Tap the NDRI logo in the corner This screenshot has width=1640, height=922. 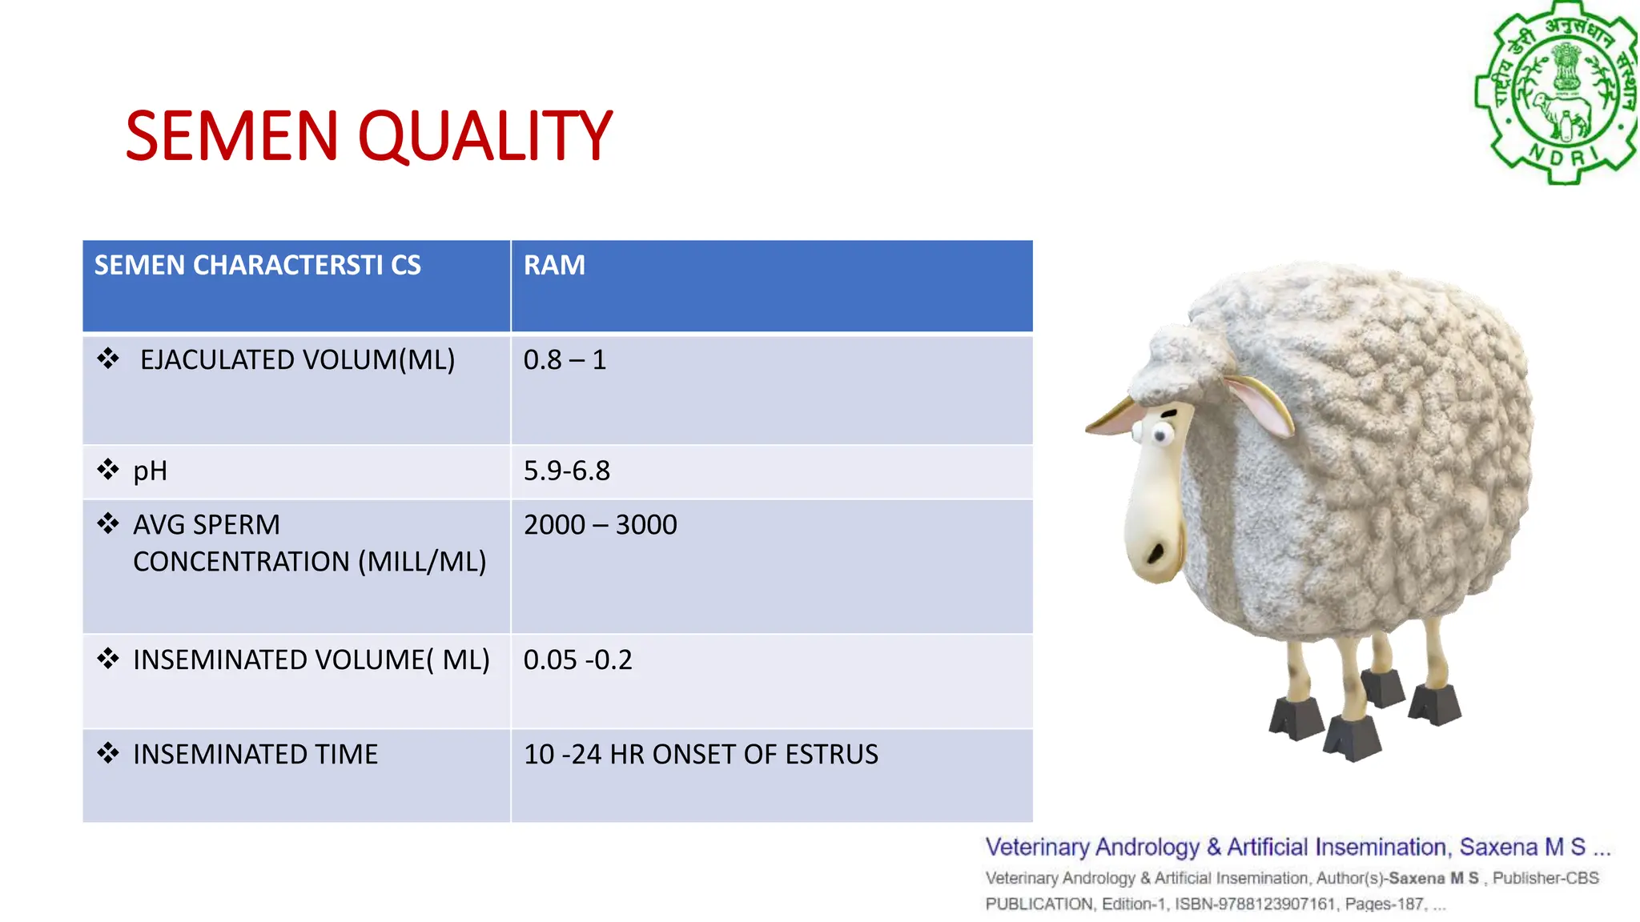(x=1556, y=94)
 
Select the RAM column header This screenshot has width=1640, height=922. (x=554, y=266)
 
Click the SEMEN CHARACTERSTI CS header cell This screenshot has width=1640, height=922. (x=257, y=266)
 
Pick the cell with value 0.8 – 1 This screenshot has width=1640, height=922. (x=565, y=360)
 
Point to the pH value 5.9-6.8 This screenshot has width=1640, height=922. (x=566, y=471)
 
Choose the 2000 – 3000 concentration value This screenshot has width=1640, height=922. (x=600, y=525)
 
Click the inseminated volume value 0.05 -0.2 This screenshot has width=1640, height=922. (x=577, y=660)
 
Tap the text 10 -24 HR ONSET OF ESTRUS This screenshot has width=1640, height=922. (x=701, y=755)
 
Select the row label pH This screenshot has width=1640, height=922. (x=150, y=471)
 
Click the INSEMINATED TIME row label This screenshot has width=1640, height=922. (x=255, y=755)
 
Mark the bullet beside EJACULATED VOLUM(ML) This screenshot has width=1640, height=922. (x=108, y=359)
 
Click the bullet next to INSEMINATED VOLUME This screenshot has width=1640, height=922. (x=108, y=659)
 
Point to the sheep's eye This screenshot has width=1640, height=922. (x=1159, y=435)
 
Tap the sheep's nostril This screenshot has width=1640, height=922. (x=1156, y=551)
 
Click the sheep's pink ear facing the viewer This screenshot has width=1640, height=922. (x=1259, y=404)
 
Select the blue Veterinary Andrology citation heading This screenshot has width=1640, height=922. (x=1296, y=847)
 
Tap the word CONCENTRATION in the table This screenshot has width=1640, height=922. (x=241, y=562)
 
